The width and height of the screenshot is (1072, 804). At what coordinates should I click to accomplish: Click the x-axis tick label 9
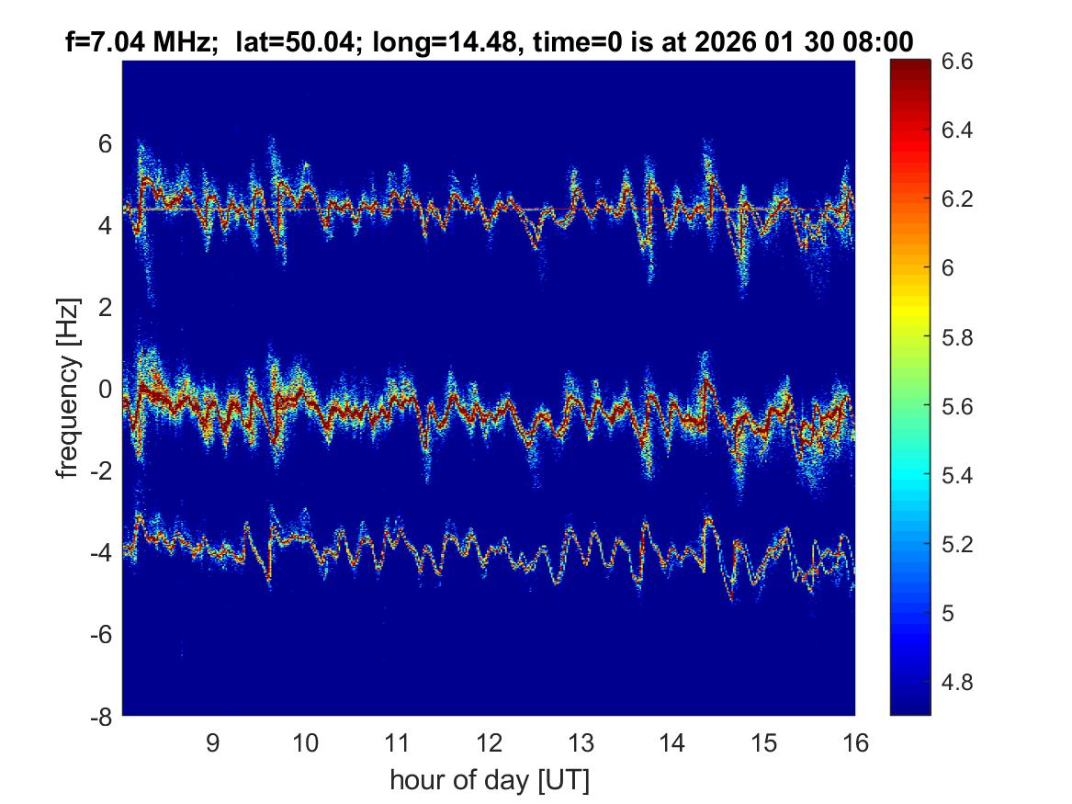pos(212,743)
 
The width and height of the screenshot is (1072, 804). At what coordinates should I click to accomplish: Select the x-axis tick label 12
pos(489,743)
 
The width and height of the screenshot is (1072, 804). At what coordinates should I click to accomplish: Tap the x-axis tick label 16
pos(855,743)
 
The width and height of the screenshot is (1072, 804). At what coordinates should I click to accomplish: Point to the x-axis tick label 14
pos(672,743)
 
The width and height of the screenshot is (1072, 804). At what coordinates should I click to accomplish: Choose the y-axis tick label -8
pos(101,717)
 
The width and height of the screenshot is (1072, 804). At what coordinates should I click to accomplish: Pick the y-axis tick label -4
pos(101,553)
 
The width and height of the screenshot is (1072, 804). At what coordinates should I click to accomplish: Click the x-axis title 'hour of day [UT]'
pos(489,781)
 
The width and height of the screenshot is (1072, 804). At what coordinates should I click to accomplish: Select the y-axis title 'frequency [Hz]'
pos(66,388)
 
